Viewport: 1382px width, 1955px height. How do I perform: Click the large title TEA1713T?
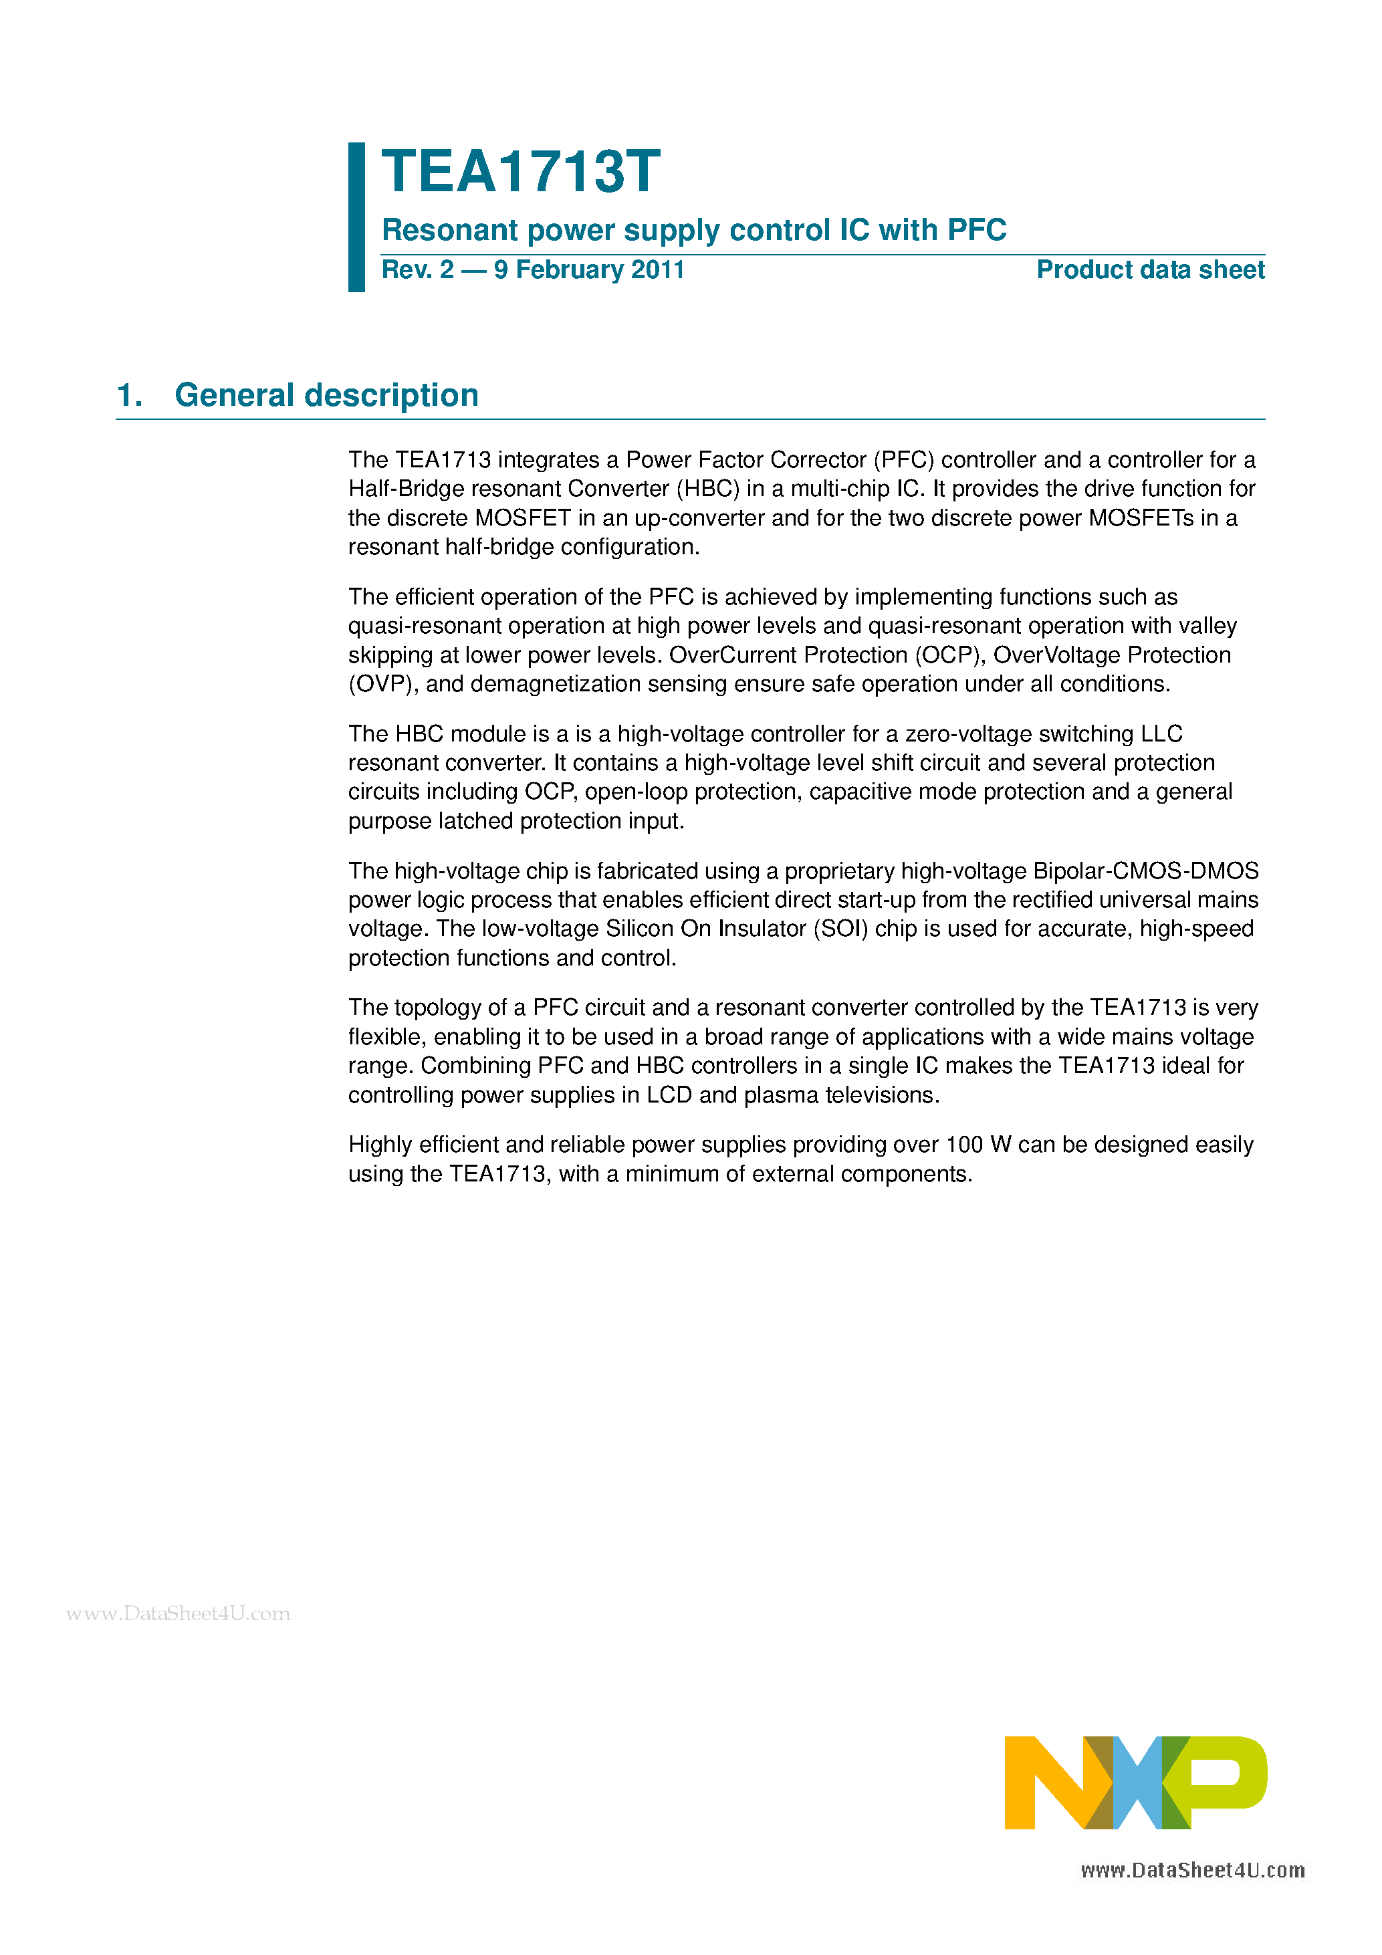520,172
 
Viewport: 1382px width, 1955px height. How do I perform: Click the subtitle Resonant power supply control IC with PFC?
693,230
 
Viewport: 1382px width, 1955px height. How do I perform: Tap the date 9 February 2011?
588,270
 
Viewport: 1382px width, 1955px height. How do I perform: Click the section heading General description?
326,395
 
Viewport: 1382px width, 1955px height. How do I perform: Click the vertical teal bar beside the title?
357,217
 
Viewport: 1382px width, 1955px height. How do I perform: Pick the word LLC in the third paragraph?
1161,734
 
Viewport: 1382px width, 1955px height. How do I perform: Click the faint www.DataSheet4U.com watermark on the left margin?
178,1613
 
